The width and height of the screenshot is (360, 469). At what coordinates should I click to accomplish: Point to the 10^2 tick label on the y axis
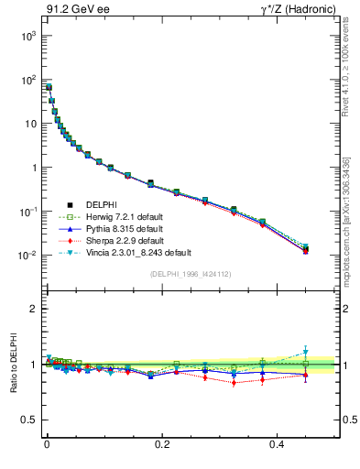point(27,79)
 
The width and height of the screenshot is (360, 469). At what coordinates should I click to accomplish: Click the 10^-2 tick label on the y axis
point(27,256)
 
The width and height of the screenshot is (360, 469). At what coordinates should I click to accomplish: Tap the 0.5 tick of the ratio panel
point(30,420)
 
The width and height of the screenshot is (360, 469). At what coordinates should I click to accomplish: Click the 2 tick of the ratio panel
point(35,309)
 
